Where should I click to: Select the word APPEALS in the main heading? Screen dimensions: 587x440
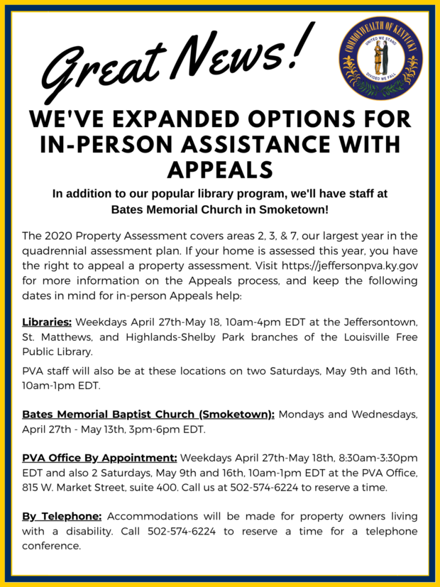coord(219,169)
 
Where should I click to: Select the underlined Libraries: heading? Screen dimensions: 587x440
coord(47,323)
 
